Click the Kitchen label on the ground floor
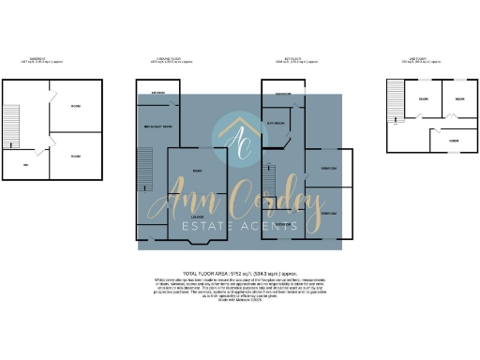point(159,94)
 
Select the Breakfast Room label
point(156,129)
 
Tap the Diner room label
point(197,172)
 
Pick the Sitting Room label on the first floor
point(276,123)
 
